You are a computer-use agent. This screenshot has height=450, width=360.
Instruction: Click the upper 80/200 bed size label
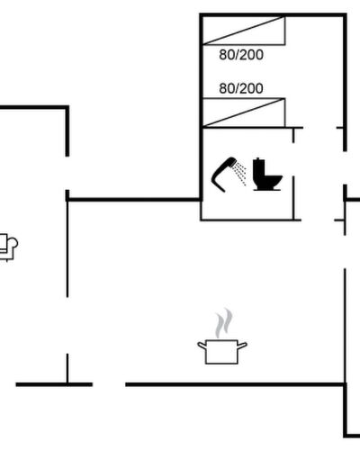tap(241, 55)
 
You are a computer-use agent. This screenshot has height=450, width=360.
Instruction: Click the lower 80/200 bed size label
tap(241, 88)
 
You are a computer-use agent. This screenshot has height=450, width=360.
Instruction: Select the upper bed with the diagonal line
tap(244, 31)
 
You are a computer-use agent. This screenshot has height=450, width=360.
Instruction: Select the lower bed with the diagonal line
tap(244, 112)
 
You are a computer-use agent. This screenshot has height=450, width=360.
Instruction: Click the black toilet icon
tap(266, 175)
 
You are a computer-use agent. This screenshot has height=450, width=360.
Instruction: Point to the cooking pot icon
tap(222, 352)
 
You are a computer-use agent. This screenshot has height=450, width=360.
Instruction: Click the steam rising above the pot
tap(224, 322)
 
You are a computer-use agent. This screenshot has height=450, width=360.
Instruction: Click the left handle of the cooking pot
tap(202, 346)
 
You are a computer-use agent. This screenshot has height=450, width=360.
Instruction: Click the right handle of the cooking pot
tap(242, 346)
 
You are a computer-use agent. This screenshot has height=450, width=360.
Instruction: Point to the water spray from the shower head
tap(241, 174)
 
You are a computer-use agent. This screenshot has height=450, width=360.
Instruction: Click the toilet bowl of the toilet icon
tap(273, 180)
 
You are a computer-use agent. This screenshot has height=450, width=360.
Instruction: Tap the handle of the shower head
tap(218, 179)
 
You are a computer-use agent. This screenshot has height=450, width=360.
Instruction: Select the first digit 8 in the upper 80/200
tap(223, 55)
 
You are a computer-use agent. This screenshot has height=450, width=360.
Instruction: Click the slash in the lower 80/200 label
tap(237, 88)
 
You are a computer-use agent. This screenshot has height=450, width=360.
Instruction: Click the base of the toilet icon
tap(267, 189)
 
